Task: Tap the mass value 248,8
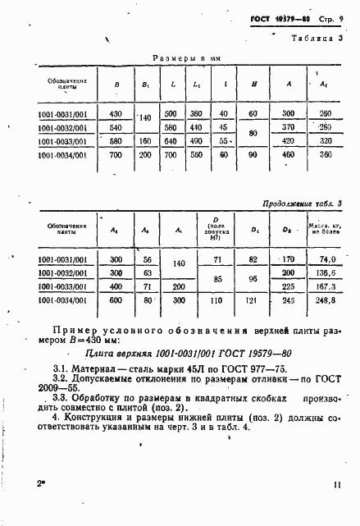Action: coord(324,300)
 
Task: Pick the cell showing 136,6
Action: coord(324,272)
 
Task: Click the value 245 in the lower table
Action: coord(289,300)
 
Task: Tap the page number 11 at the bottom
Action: coord(336,508)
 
